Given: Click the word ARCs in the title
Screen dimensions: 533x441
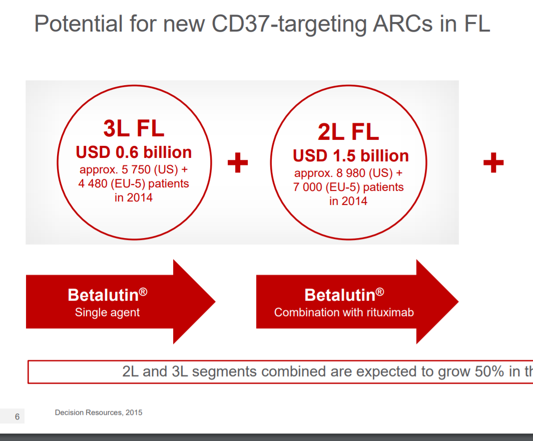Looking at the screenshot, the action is click(403, 24).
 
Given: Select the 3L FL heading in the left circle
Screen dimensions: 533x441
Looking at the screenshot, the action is click(134, 129).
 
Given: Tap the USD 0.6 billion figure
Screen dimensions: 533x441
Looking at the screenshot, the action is click(134, 152).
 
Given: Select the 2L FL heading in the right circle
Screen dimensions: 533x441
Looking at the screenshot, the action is click(348, 132).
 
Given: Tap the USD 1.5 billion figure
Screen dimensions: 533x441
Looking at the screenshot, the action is click(350, 156).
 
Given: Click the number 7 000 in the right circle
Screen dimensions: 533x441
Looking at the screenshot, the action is click(308, 187).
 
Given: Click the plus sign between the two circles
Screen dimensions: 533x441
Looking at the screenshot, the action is click(238, 162).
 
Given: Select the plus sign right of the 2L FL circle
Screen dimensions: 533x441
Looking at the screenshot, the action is click(493, 162).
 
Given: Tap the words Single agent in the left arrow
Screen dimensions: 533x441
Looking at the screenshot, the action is click(107, 312).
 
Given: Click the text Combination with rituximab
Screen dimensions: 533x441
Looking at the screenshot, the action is click(344, 312).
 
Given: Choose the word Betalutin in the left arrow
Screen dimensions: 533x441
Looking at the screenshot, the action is click(103, 295).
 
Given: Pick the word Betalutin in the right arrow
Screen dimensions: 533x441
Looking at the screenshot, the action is click(340, 295).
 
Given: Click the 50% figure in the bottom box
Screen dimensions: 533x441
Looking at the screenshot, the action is click(489, 371).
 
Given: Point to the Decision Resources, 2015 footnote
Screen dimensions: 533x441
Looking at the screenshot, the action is click(99, 413).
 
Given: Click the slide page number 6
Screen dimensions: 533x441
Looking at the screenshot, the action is click(17, 417).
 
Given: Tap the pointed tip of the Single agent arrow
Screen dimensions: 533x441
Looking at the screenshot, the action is click(215, 302).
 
